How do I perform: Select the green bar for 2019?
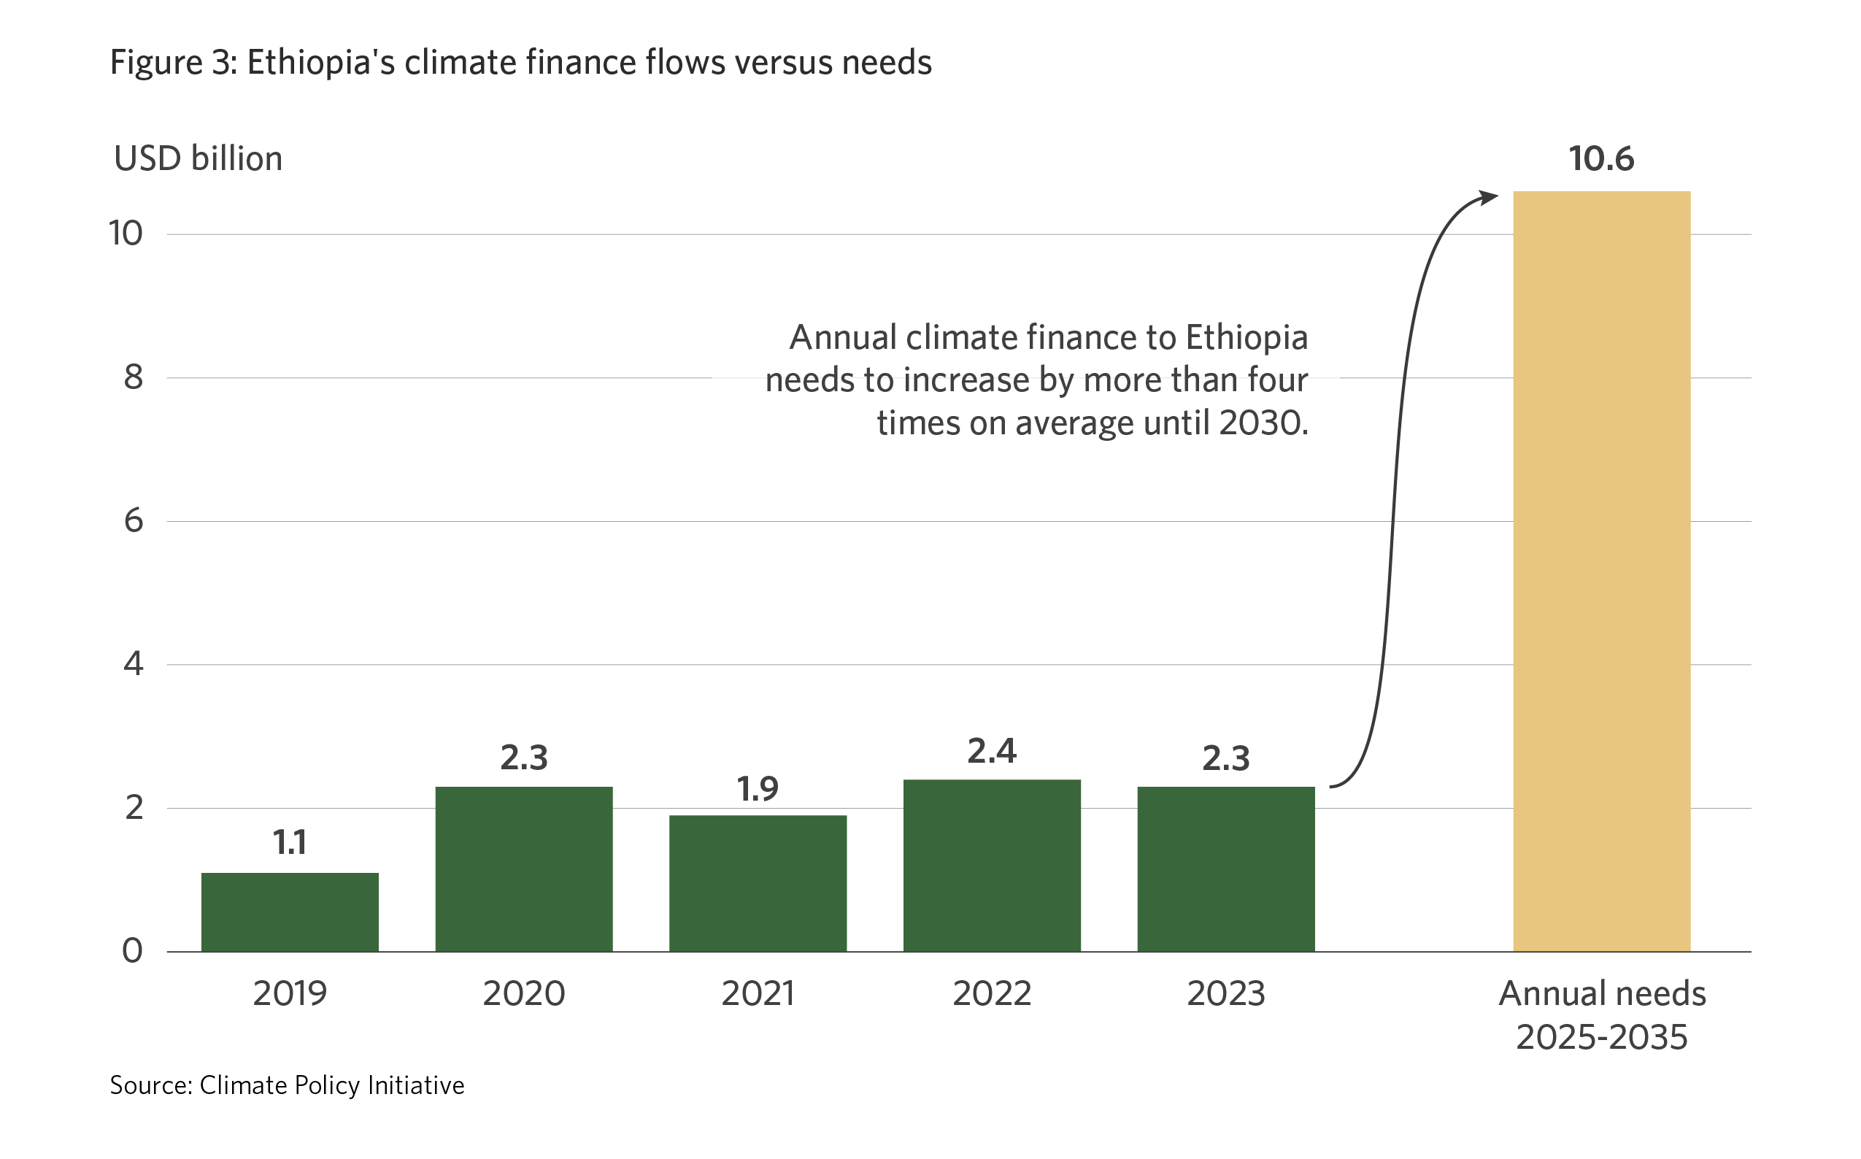(290, 912)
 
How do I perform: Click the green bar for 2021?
(758, 883)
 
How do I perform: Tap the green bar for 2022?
(992, 866)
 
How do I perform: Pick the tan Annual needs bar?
(1601, 571)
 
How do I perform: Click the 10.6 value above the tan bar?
(1601, 158)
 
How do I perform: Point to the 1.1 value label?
(290, 842)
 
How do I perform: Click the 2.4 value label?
(992, 751)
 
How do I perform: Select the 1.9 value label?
(758, 789)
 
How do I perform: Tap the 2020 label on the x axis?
(523, 993)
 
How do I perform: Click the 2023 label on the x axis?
(1225, 993)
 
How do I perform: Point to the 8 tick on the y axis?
(134, 377)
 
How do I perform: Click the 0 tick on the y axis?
(133, 951)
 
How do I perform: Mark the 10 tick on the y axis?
(126, 234)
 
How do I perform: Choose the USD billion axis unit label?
(198, 158)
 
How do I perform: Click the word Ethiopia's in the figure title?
(320, 63)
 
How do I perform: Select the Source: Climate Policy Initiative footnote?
(287, 1085)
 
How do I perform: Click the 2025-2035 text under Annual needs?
(1601, 1038)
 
